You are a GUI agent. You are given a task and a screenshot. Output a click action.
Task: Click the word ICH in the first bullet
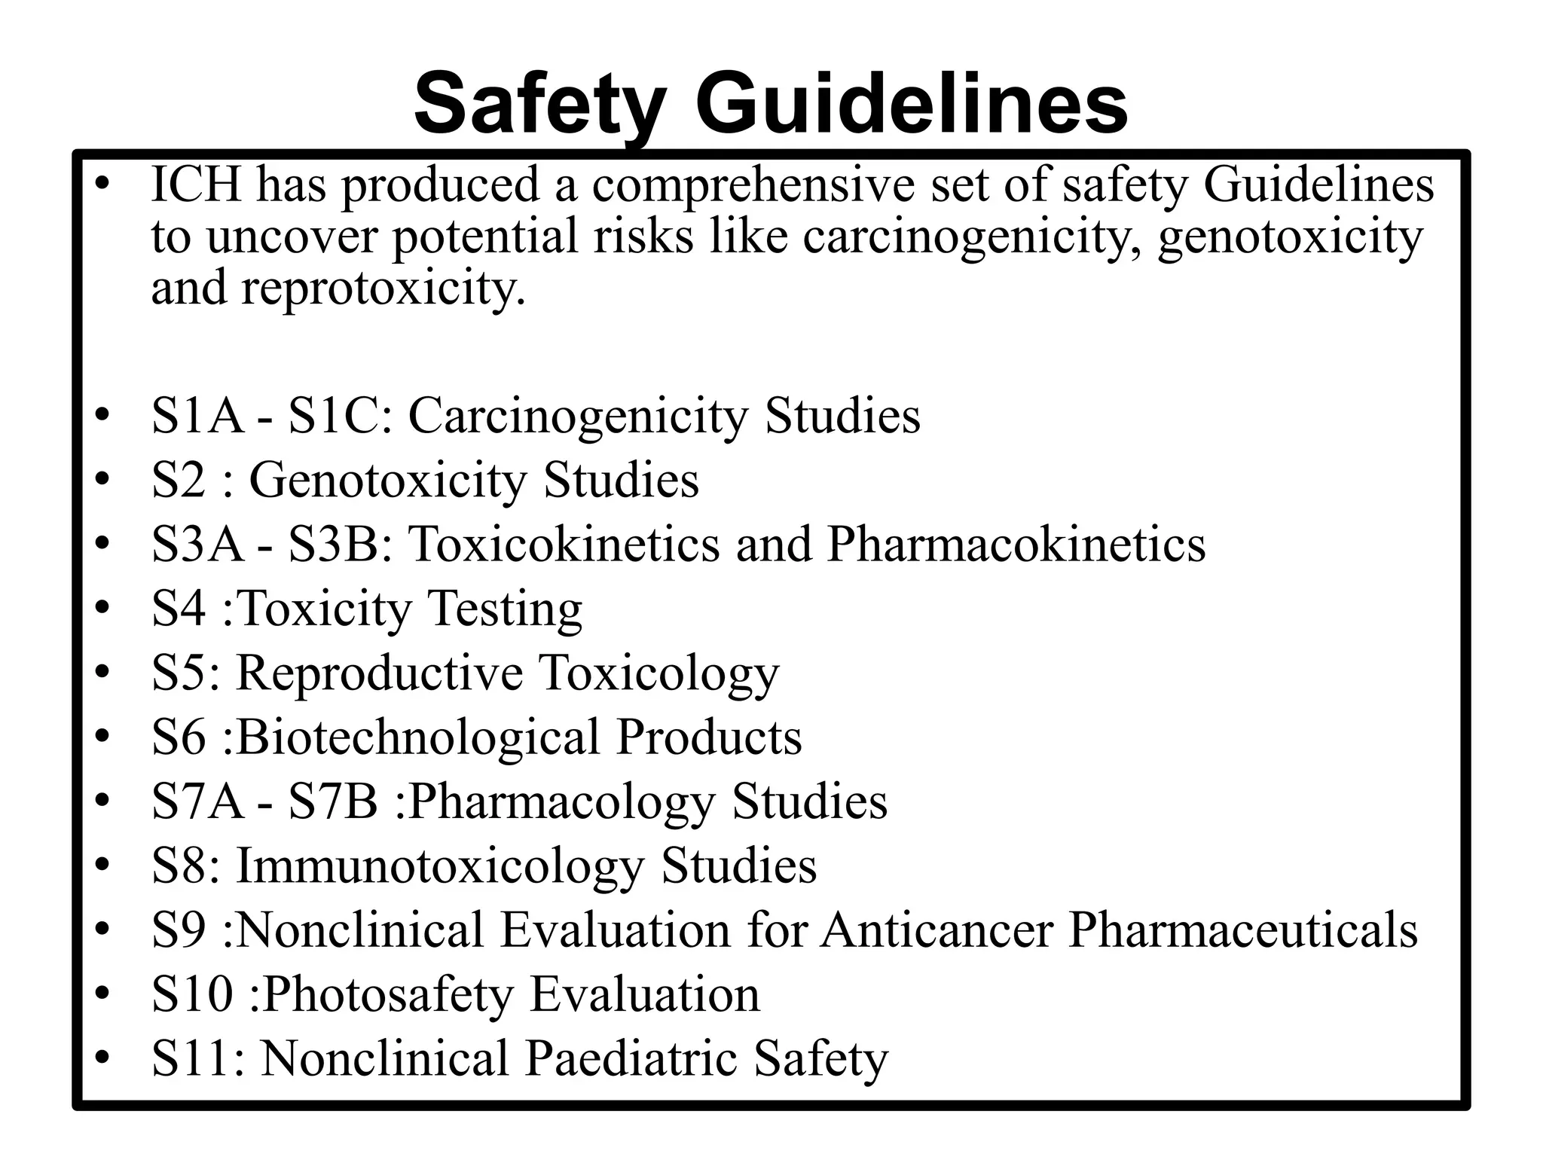click(x=196, y=185)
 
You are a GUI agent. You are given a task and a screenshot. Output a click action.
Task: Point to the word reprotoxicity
click(x=383, y=288)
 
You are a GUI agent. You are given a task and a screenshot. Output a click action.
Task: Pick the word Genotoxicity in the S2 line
click(x=387, y=481)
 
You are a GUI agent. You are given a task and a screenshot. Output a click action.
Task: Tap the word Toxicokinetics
click(x=564, y=544)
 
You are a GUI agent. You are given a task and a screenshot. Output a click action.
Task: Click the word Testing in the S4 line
click(x=505, y=609)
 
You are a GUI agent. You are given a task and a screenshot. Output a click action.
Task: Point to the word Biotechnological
click(x=417, y=737)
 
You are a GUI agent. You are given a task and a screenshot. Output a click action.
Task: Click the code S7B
click(x=332, y=801)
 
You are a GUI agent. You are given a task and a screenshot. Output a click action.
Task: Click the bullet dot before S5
click(x=102, y=673)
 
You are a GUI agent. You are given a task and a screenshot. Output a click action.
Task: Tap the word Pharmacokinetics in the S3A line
click(x=1016, y=544)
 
